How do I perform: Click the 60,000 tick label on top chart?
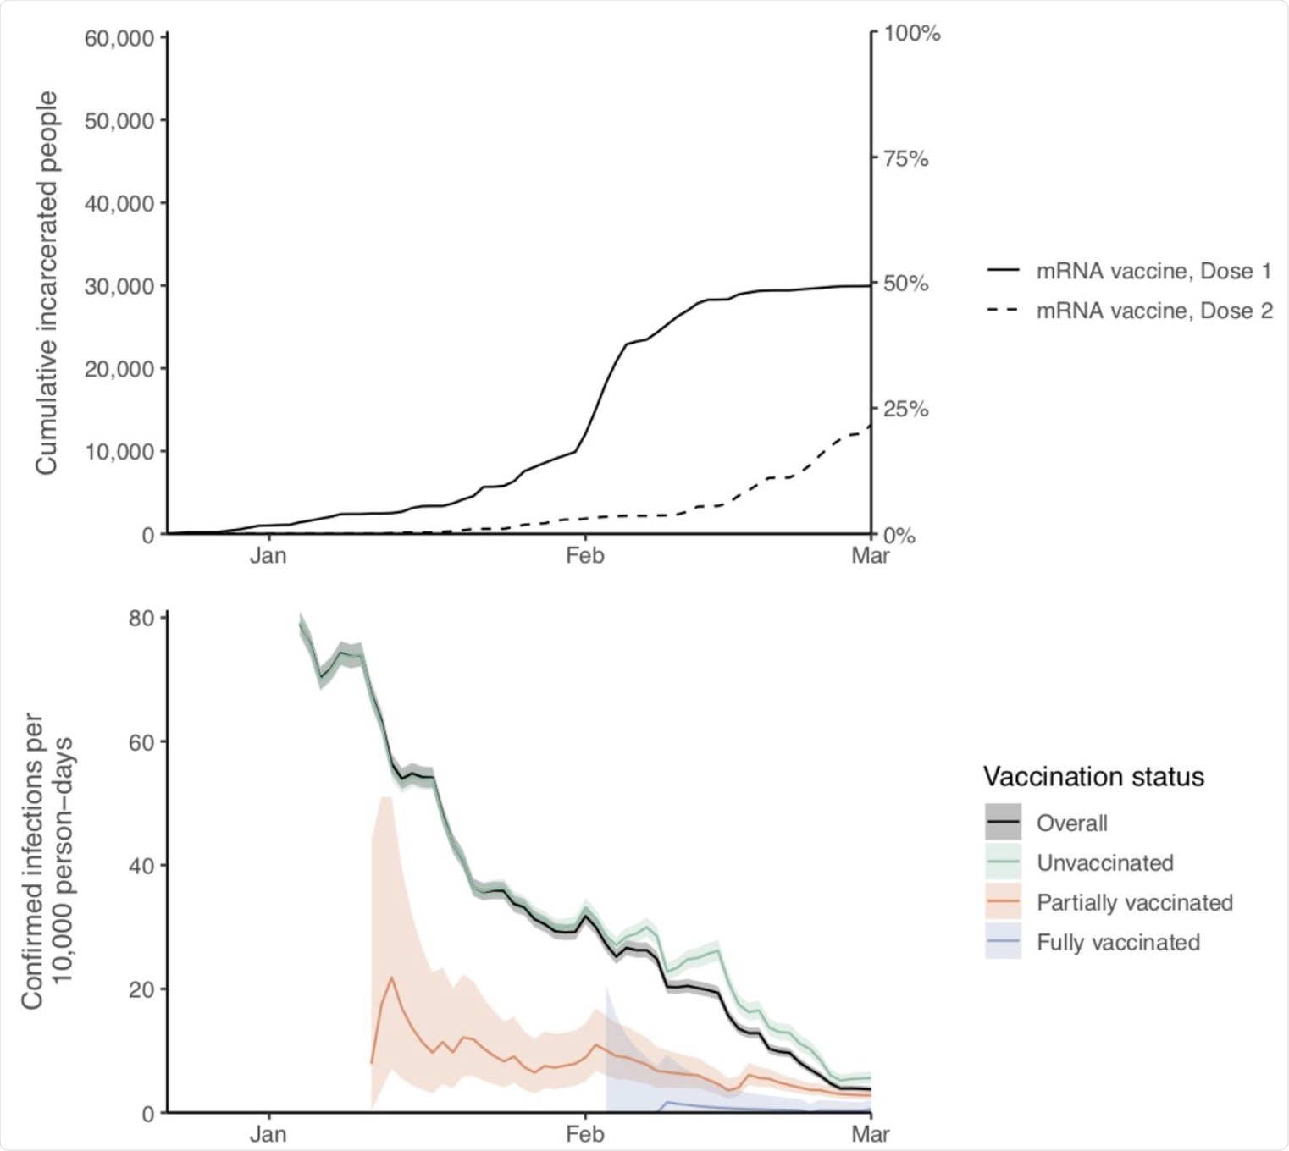click(x=119, y=38)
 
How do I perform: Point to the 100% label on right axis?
click(x=912, y=33)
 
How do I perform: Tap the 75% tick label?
click(x=906, y=158)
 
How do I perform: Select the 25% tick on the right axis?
click(x=906, y=410)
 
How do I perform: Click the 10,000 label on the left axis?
click(x=119, y=451)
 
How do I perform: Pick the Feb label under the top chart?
click(x=584, y=555)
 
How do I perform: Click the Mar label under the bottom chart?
click(x=871, y=1133)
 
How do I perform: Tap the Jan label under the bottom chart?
click(x=268, y=1133)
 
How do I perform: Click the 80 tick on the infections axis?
click(x=141, y=618)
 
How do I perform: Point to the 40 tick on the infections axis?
click(x=141, y=866)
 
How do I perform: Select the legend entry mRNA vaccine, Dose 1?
click(x=1153, y=271)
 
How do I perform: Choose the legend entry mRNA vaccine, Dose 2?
click(x=1153, y=311)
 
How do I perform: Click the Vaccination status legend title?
click(x=1093, y=776)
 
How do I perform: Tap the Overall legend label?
click(x=1071, y=823)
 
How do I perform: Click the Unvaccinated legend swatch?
click(x=1003, y=862)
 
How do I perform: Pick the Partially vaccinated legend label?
click(x=1134, y=902)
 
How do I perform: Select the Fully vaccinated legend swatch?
click(x=1003, y=942)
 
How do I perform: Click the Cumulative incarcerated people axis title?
click(x=47, y=283)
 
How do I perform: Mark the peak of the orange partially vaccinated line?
click(x=391, y=978)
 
